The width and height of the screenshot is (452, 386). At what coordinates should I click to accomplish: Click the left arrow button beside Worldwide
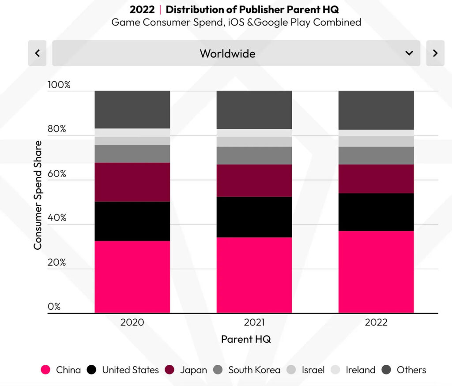(x=37, y=53)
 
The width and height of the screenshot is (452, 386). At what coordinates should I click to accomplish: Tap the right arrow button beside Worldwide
(x=435, y=53)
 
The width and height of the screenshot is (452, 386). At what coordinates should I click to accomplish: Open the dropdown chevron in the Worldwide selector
(x=409, y=53)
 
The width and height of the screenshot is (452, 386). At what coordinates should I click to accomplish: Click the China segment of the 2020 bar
(x=132, y=277)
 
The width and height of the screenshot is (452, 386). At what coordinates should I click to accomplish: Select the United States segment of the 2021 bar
(x=254, y=217)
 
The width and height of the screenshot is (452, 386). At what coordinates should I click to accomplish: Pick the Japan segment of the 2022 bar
(x=376, y=179)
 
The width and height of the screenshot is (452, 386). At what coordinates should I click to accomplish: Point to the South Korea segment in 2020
(x=132, y=154)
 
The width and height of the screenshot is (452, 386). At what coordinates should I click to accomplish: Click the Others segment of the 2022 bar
(x=376, y=110)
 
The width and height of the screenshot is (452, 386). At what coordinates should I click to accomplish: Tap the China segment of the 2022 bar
(x=376, y=272)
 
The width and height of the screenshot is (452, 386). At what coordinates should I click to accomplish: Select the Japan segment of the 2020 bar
(x=132, y=182)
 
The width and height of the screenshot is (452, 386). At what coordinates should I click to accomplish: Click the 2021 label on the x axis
(x=254, y=322)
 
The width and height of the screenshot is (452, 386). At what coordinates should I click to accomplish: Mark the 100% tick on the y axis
(x=59, y=85)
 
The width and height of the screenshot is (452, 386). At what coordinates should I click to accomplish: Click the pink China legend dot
(x=45, y=370)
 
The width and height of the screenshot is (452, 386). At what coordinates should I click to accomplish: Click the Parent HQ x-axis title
(x=246, y=339)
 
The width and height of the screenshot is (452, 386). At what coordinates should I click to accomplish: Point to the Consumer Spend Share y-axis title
(x=38, y=195)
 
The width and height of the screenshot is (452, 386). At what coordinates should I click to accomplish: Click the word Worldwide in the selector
(x=227, y=53)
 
